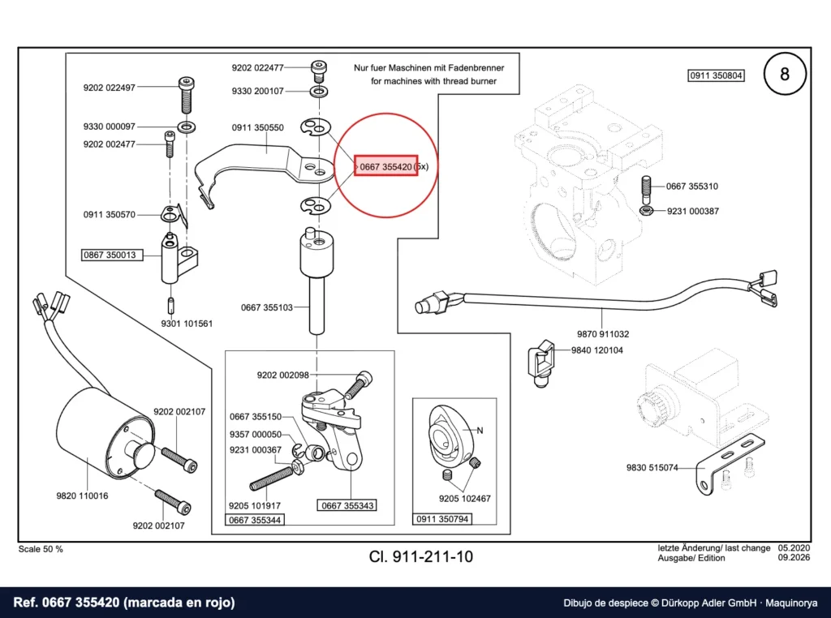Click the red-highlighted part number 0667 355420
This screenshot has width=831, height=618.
(385, 167)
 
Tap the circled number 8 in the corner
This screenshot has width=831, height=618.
(785, 74)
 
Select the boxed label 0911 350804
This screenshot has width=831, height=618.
(716, 75)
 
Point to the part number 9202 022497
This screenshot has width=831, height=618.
(110, 88)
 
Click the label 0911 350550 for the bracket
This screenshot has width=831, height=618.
(257, 127)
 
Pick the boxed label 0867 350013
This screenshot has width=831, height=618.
(110, 255)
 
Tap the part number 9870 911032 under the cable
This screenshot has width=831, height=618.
(603, 334)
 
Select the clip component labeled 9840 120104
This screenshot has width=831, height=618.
(541, 363)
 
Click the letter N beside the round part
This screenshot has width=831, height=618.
(480, 431)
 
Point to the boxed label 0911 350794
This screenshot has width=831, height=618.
(442, 519)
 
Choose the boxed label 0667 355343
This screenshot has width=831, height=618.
(347, 505)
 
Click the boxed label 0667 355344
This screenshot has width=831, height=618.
(255, 520)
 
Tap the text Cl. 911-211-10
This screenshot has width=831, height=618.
(421, 556)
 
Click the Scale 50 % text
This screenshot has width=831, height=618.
(41, 549)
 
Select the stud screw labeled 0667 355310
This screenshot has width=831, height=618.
(647, 190)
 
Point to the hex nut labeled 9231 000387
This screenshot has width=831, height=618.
(646, 211)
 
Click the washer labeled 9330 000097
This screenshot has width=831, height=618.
(187, 127)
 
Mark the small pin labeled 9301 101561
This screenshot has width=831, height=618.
(170, 306)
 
